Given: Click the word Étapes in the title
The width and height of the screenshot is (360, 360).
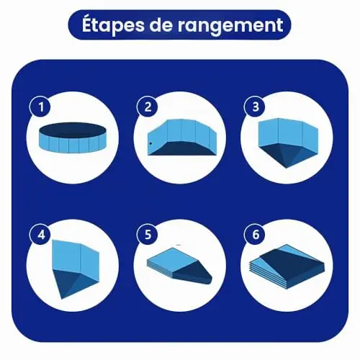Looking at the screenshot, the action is point(113,25).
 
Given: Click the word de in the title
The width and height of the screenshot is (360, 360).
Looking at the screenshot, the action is point(161,25).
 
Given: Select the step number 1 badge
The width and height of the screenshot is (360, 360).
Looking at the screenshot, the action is point(40,107).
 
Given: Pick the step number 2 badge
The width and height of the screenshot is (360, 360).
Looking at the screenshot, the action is point(148,107).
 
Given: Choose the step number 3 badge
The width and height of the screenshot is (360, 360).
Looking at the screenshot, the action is point(255,107).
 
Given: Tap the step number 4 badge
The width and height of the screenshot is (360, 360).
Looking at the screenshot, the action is point(40,235).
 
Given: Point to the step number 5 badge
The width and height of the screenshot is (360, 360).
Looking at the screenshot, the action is point(148,235).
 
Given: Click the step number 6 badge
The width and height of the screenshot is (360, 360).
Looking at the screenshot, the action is point(255,235).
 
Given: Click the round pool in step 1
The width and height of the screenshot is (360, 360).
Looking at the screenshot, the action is point(72,138).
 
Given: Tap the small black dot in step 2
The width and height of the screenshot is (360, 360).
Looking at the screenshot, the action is point(150,143).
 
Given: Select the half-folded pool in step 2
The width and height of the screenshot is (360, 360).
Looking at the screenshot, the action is point(182,138).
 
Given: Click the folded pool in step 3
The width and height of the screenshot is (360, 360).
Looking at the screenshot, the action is point(288,143).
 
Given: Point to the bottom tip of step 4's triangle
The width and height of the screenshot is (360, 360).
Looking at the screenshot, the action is point(62,299).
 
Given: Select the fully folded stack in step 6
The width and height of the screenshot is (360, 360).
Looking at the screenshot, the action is point(286,267).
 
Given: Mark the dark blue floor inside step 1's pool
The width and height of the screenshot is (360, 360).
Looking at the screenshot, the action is point(72,130).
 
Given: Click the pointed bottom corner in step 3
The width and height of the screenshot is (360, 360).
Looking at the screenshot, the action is point(286,168).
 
